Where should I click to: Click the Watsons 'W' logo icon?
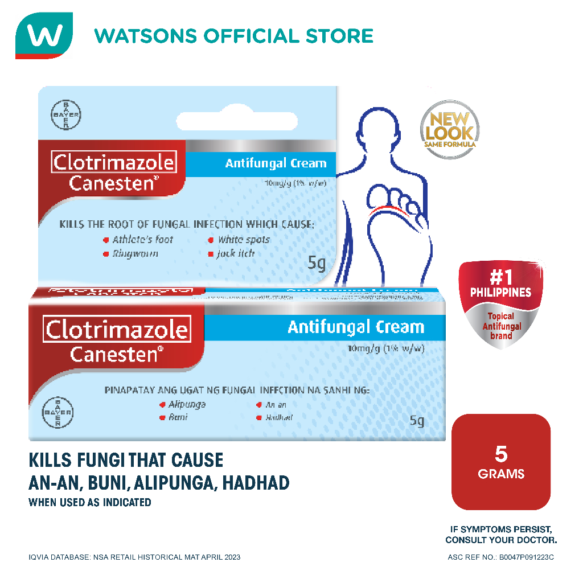(x=44, y=35)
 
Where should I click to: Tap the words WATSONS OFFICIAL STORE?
(x=233, y=35)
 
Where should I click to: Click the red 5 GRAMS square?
(x=501, y=462)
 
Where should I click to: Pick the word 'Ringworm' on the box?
(x=135, y=254)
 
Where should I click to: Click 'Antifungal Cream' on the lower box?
(x=356, y=327)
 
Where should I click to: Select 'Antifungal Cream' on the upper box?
(x=276, y=163)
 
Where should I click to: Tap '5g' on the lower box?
(x=417, y=421)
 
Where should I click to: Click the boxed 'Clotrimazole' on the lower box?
(x=117, y=330)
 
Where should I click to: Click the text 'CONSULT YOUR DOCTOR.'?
(x=501, y=540)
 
